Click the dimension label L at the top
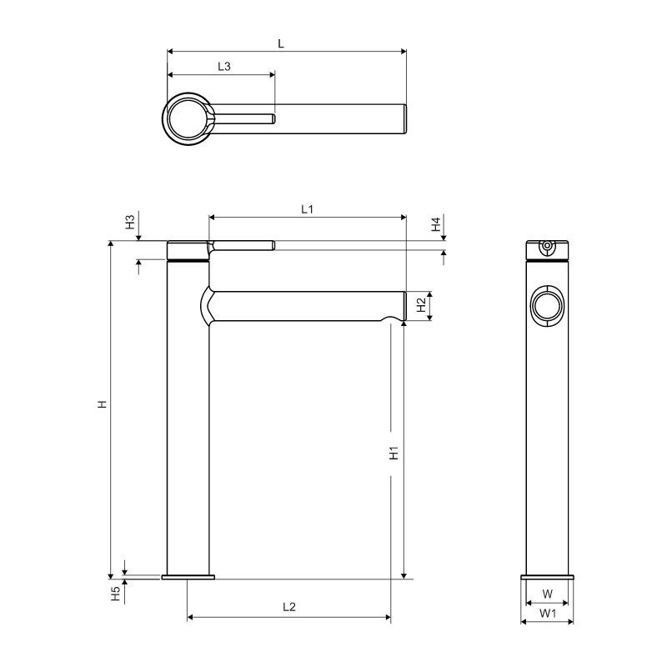point(281,43)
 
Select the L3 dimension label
point(224,67)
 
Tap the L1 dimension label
point(307,209)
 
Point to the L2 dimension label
point(289,607)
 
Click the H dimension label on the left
point(102,404)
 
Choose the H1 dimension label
point(394,453)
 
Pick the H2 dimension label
point(421,304)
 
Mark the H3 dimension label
point(130,222)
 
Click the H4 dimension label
point(436,224)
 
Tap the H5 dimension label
point(116,594)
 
